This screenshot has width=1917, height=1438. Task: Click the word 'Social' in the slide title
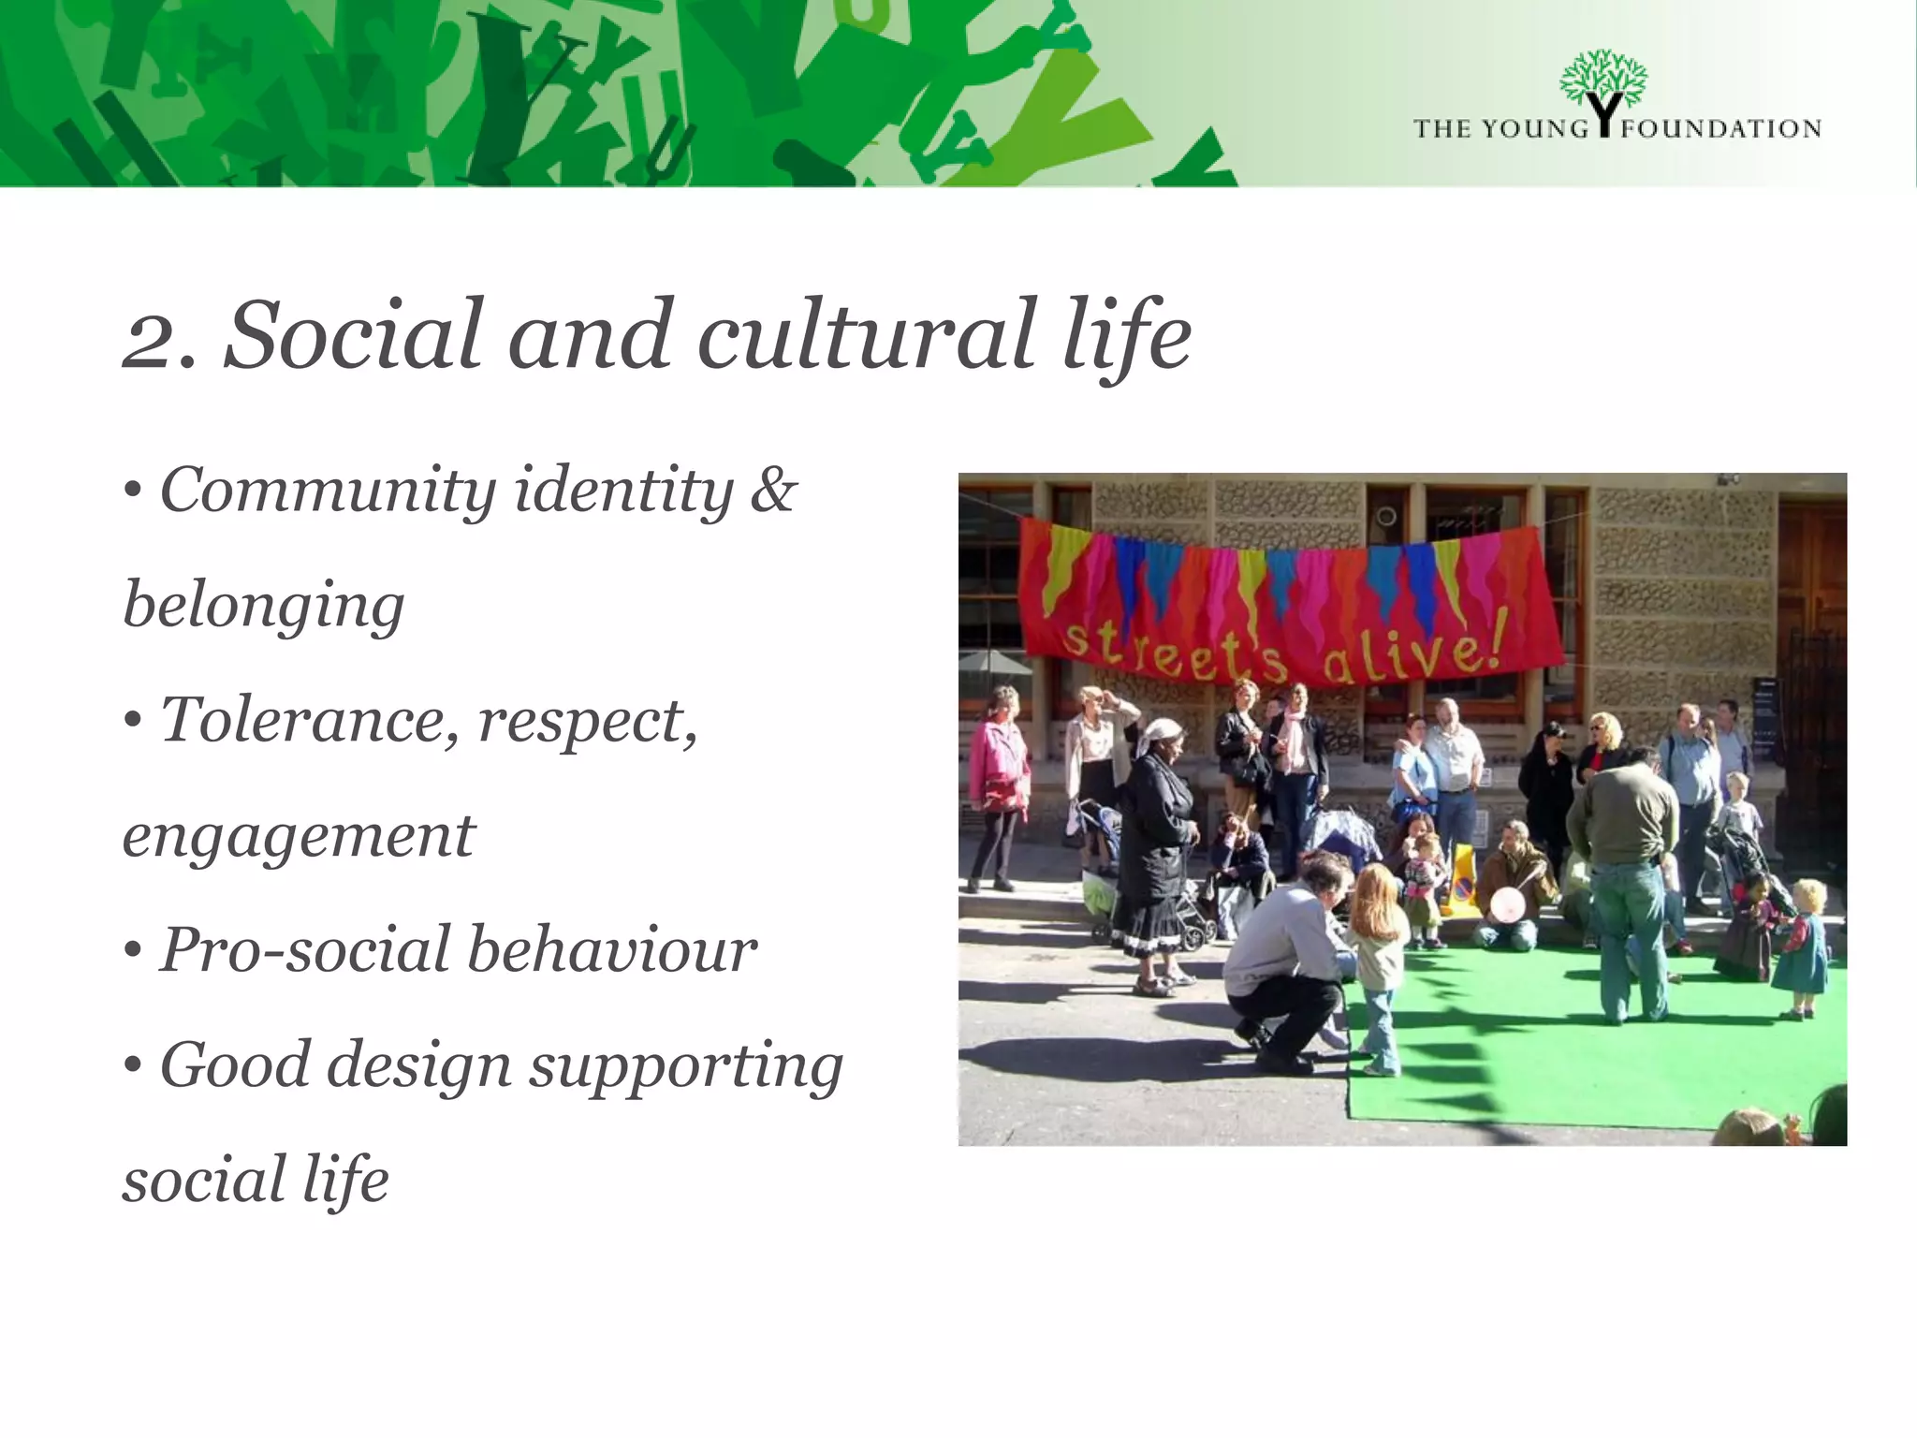(353, 335)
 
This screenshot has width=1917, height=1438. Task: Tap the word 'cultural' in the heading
(866, 335)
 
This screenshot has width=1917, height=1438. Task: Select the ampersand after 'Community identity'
(773, 490)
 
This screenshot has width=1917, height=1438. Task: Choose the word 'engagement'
(298, 836)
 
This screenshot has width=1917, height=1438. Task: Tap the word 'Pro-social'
(304, 950)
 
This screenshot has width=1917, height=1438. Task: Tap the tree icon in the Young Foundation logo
(1603, 84)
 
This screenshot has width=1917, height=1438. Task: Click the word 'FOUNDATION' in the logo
(1720, 129)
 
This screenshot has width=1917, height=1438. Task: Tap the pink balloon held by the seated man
(1506, 905)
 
